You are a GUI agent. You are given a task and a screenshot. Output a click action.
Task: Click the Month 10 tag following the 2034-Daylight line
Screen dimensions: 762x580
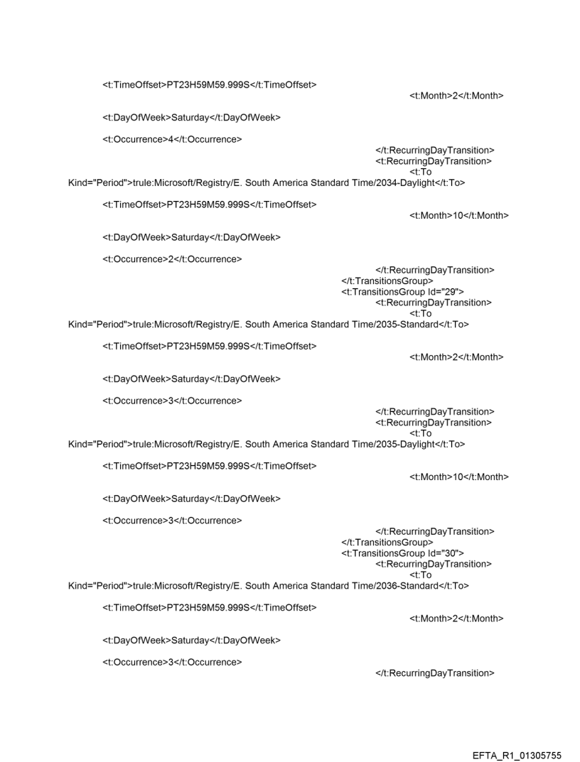[459, 215]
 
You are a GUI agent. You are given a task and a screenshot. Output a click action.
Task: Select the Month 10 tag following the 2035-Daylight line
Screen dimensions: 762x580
[459, 477]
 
